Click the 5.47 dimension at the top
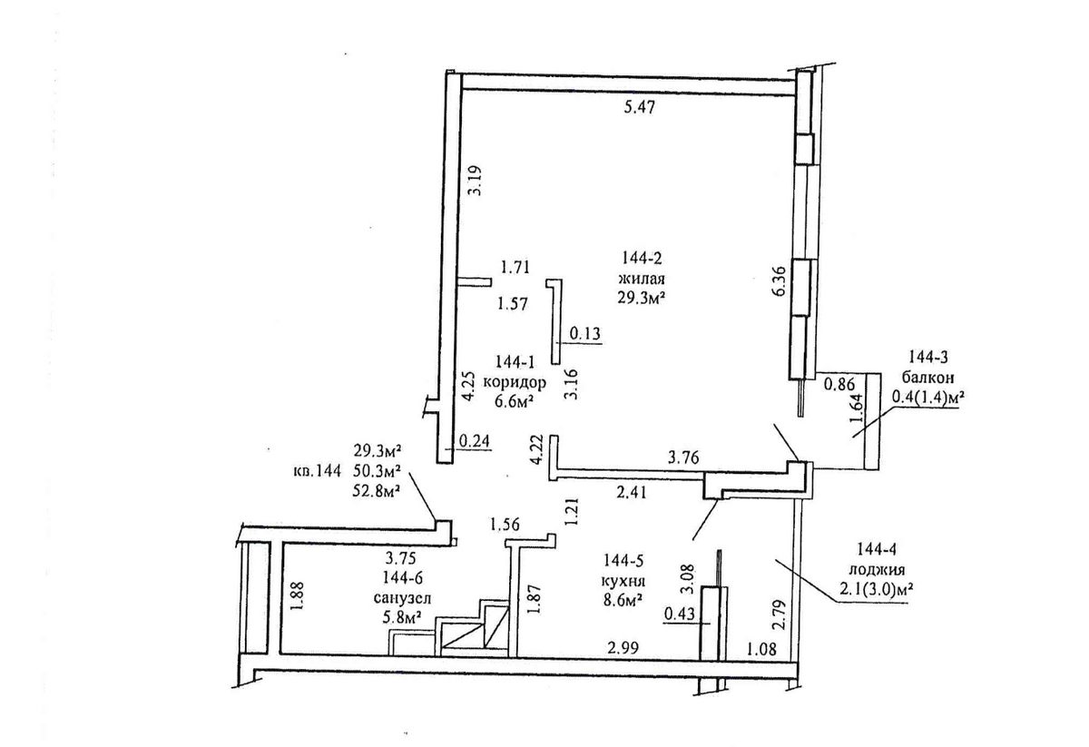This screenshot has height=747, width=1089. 639,107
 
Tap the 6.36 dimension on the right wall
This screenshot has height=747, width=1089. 779,281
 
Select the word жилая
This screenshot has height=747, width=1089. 641,280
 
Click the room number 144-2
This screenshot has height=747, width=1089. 641,258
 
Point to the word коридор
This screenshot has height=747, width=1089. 514,382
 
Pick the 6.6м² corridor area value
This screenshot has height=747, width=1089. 515,402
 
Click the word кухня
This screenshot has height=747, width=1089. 623,581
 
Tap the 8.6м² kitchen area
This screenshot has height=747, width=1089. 623,601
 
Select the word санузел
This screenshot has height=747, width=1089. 403,598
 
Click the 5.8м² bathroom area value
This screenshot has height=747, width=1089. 402,619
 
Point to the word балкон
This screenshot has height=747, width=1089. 928,378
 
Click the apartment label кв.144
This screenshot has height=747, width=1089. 317,471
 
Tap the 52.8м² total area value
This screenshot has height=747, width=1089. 377,491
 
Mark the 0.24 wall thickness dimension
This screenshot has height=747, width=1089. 475,440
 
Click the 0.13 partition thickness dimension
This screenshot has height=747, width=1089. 584,334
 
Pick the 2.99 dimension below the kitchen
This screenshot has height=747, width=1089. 623,648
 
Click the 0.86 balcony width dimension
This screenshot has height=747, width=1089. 839,384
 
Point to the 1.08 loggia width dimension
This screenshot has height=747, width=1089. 760,648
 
